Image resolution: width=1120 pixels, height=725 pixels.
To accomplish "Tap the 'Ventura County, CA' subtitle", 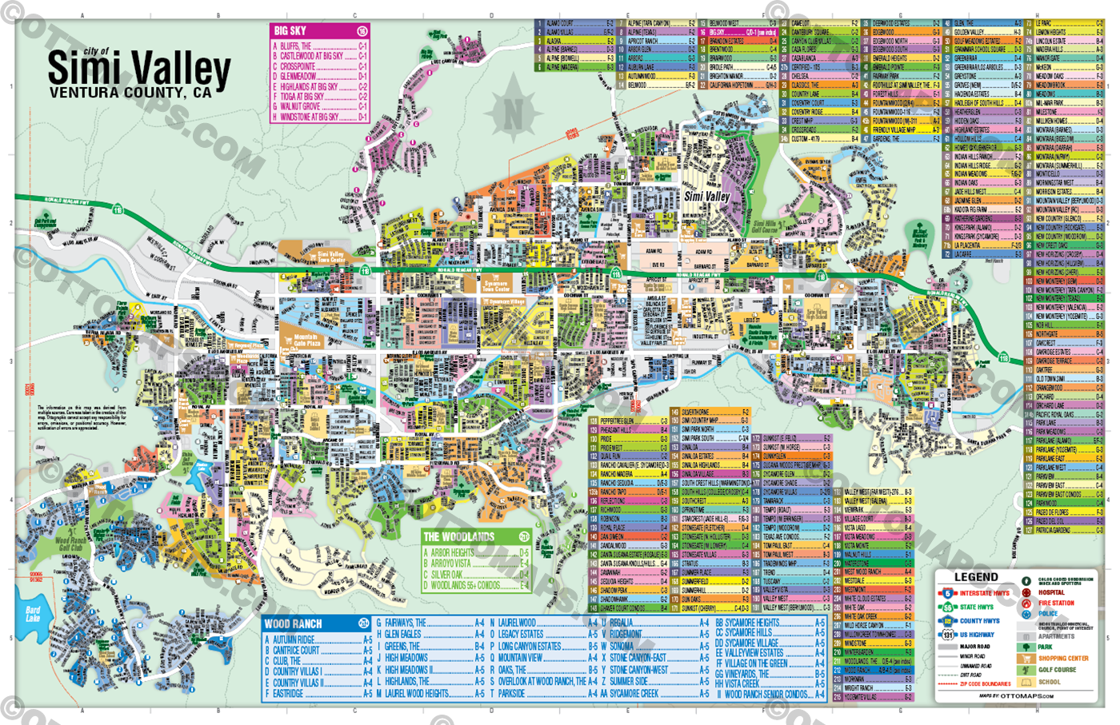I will pyautogui.click(x=130, y=93).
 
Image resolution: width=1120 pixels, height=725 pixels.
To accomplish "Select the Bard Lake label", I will pyautogui.click(x=33, y=614).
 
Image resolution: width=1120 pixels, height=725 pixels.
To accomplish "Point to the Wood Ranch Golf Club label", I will pyautogui.click(x=70, y=544).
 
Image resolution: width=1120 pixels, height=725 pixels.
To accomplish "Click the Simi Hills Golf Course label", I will pyautogui.click(x=765, y=228).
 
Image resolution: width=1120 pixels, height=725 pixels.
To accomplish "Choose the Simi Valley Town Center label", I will pyautogui.click(x=332, y=257).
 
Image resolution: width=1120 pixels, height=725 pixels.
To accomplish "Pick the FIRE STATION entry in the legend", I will pyautogui.click(x=1056, y=604).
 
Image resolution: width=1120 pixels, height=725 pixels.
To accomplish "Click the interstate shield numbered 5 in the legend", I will pyautogui.click(x=947, y=593).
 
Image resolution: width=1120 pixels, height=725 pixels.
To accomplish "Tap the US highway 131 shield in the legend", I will pyautogui.click(x=947, y=635).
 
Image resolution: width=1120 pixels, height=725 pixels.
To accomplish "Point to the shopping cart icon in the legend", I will pyautogui.click(x=1026, y=659).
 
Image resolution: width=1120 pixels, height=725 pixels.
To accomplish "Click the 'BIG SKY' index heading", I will pyautogui.click(x=290, y=31).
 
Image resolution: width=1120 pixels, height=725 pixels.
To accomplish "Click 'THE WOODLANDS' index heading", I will pyautogui.click(x=458, y=537).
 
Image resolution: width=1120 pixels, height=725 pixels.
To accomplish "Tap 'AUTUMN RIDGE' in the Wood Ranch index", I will pyautogui.click(x=294, y=640).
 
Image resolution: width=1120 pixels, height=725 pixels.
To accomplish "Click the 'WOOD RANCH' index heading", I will pyautogui.click(x=293, y=623).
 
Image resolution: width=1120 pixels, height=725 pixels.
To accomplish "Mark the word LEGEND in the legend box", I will pyautogui.click(x=975, y=577).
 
